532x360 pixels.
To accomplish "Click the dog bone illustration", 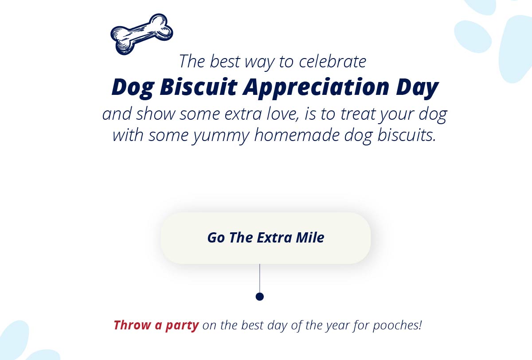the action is click(142, 34).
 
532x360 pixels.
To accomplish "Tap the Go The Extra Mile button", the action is click(266, 238).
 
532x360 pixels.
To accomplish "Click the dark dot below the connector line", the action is click(260, 297).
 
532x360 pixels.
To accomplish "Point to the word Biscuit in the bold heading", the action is click(199, 87).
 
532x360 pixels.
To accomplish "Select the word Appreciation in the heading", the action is click(316, 88).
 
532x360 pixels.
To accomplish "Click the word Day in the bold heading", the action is click(417, 88).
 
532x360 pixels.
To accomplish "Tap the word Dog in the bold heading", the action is click(133, 88).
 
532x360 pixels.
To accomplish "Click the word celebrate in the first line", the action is click(332, 62).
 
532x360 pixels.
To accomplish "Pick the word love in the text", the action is click(282, 114).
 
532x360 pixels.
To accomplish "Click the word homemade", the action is click(297, 135).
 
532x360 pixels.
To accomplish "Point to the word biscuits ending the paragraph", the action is click(407, 135).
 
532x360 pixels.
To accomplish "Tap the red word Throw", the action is click(132, 325).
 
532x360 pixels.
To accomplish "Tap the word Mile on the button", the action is click(310, 238).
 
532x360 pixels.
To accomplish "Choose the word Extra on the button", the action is click(274, 238).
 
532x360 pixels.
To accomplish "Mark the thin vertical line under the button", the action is click(260, 278).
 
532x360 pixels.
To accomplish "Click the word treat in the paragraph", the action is click(358, 114).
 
